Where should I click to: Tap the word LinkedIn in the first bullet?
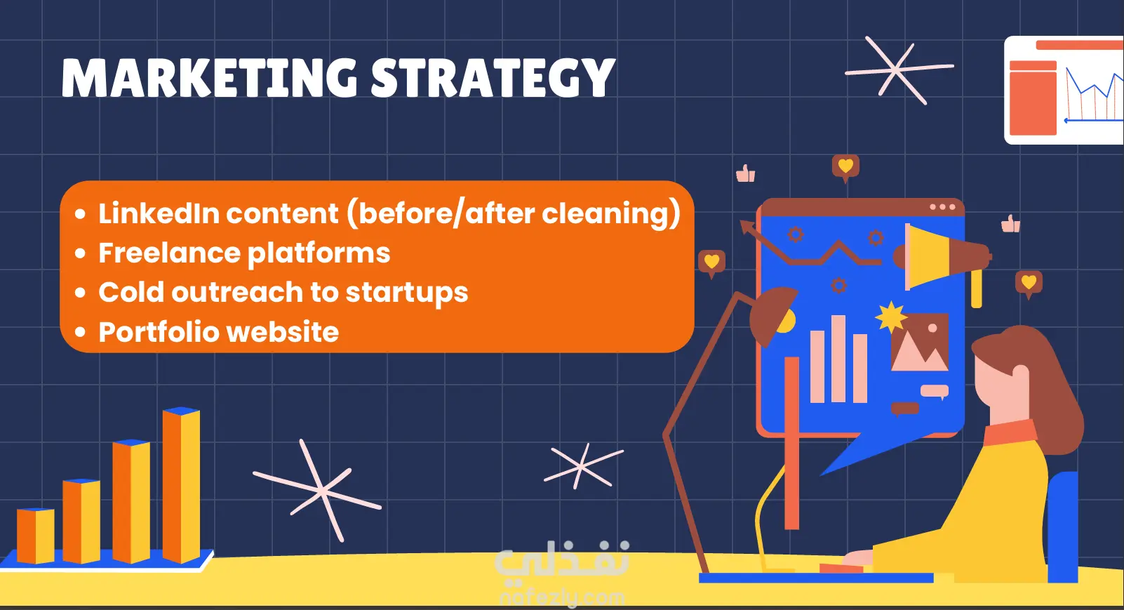click(x=159, y=213)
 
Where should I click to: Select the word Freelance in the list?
click(x=169, y=253)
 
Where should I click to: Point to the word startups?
click(x=407, y=293)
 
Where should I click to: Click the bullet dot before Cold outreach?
click(x=80, y=293)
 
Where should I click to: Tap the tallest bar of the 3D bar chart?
click(x=181, y=484)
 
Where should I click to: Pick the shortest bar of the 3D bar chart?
click(x=36, y=535)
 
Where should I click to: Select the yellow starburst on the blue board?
click(x=890, y=317)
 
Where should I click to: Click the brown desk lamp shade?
click(x=770, y=315)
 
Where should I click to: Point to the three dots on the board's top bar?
click(x=942, y=207)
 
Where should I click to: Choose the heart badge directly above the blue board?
click(x=845, y=167)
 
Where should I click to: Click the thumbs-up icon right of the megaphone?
click(x=1010, y=223)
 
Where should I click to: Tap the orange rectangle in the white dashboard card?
click(x=1033, y=98)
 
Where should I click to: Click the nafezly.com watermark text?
click(x=562, y=597)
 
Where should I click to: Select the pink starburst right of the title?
click(x=899, y=69)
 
